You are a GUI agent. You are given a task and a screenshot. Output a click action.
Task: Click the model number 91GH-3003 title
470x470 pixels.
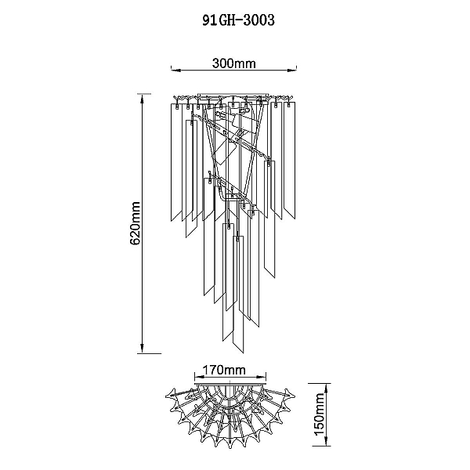238,20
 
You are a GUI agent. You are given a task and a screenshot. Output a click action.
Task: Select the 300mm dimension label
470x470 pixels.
233,63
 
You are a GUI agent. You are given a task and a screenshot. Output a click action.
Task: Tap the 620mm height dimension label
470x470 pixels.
136,223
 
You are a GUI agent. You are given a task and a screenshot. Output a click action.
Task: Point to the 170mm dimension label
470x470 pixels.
224,370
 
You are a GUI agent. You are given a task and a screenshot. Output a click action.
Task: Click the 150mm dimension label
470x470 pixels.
319,414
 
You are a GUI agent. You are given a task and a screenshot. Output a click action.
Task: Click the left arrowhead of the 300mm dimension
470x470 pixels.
175,70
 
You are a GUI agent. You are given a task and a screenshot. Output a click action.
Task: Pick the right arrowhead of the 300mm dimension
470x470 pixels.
291,70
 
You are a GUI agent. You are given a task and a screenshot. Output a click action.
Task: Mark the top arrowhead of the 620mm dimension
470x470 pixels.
143,99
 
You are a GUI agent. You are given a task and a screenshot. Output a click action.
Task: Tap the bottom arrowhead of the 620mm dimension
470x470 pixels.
143,349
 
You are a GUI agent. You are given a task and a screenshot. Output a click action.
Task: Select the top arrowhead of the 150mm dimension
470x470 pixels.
327,389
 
